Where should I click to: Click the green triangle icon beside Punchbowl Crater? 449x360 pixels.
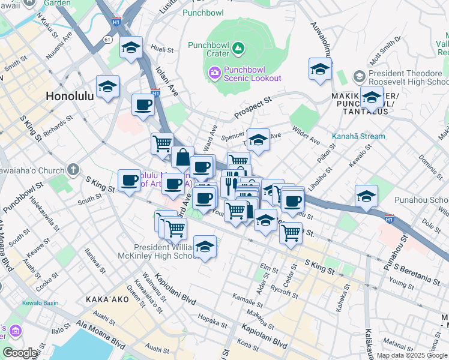tap(239, 47)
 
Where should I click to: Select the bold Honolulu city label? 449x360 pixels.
tap(70, 96)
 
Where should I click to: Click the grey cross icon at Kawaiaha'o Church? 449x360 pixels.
tap(73, 170)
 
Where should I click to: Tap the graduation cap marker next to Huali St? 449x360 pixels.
tap(130, 48)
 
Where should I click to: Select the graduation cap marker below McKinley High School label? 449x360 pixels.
tap(205, 247)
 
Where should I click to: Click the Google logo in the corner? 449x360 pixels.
tap(20, 353)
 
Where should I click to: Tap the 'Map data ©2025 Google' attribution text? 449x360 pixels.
tap(411, 355)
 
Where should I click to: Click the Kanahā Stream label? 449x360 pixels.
tap(358, 136)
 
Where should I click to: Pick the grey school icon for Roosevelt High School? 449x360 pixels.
tap(359, 76)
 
